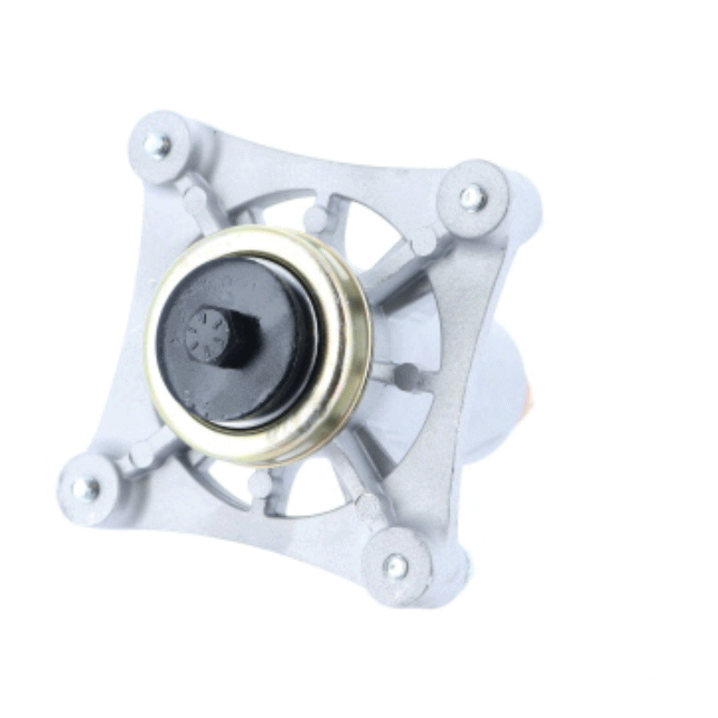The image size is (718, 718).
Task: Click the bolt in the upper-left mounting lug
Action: coord(157,143)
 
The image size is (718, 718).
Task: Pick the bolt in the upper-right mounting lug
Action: coord(472,197)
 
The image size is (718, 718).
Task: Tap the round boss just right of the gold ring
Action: coord(407,376)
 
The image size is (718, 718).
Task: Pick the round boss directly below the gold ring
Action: coord(259,484)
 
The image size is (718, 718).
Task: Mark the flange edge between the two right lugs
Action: coord(467,377)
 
